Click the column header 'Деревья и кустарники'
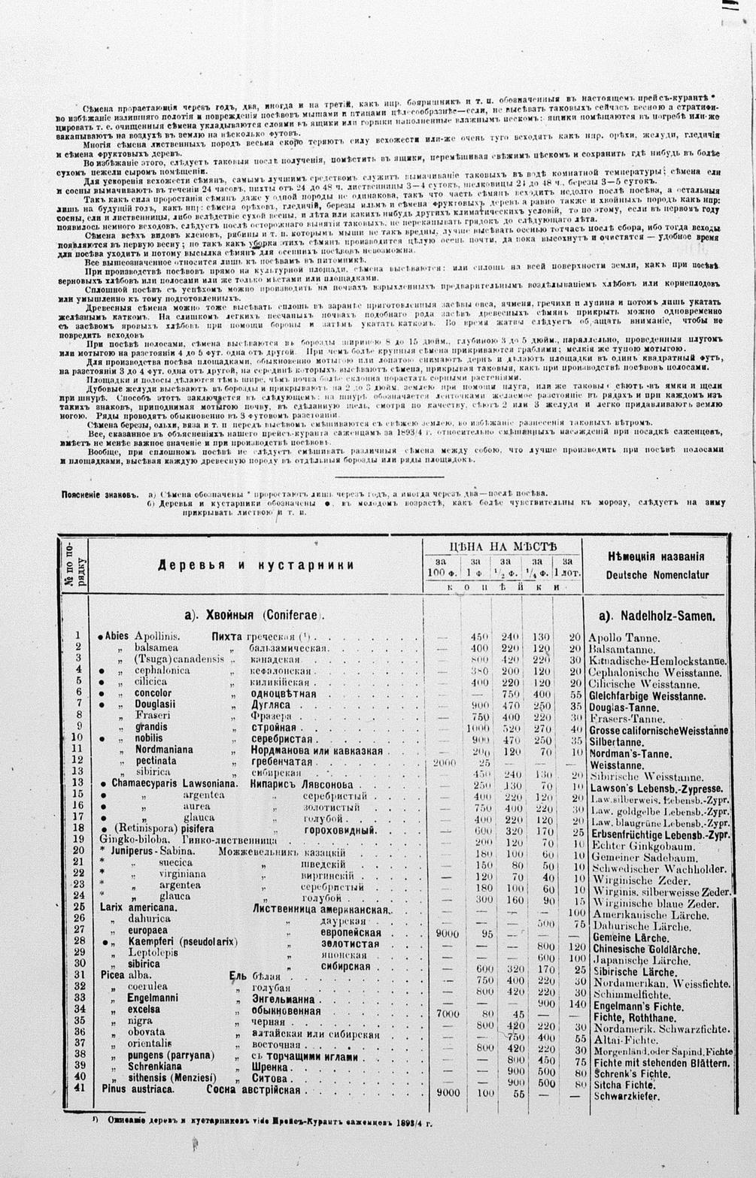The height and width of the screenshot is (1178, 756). coord(256,565)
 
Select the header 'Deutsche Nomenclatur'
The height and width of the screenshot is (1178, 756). coord(657,575)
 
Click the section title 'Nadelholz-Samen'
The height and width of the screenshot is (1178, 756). coord(656,616)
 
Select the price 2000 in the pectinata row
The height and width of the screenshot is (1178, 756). coord(445,762)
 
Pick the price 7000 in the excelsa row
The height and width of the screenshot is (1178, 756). coord(448,1013)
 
